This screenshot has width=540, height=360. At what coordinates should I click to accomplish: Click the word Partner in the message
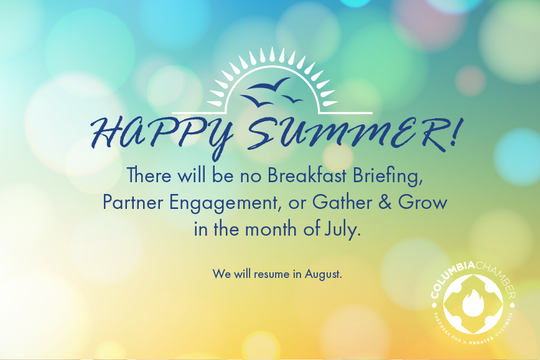129,203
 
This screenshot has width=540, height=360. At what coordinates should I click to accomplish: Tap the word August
323,274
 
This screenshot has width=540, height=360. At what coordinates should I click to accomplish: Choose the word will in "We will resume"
240,274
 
